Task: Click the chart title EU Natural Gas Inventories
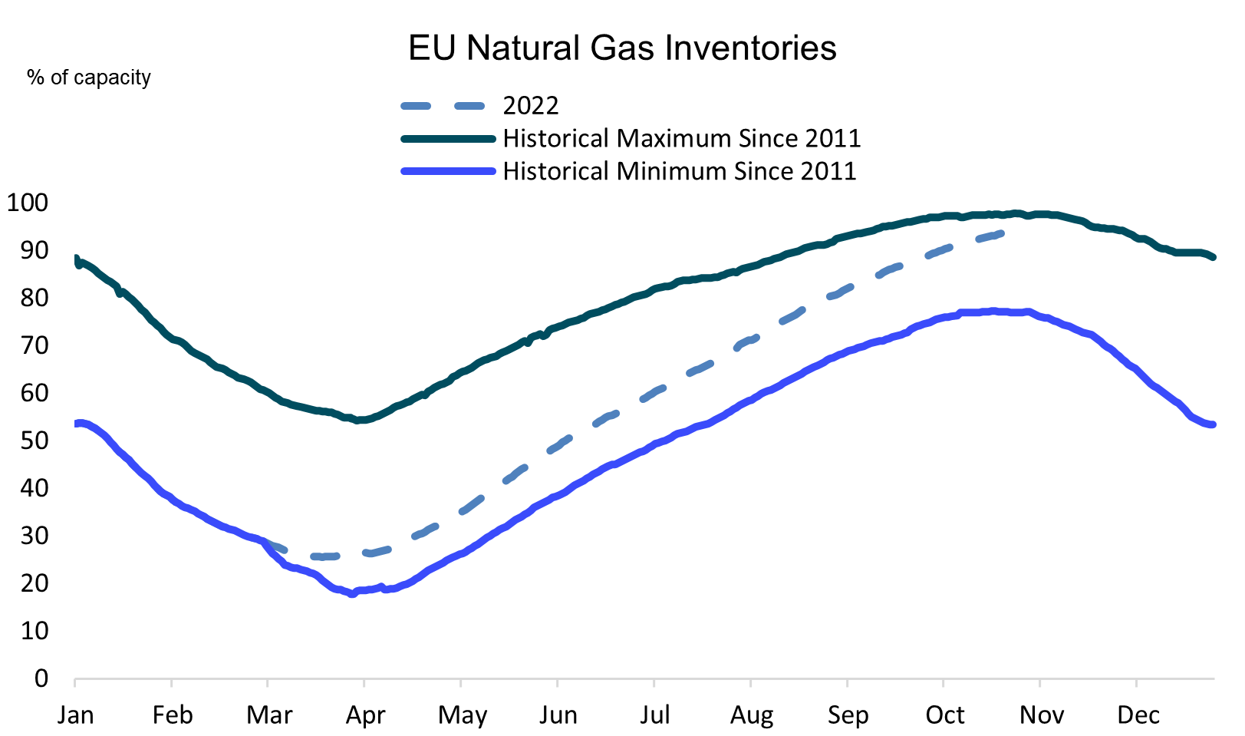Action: (622, 48)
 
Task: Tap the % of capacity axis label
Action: (89, 78)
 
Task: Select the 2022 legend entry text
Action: (530, 105)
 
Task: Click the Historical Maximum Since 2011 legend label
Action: (681, 138)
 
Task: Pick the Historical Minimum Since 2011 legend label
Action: (679, 170)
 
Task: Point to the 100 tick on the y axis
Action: (28, 203)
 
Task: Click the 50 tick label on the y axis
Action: (35, 441)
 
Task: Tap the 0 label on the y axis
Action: (41, 678)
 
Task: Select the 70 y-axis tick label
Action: (35, 345)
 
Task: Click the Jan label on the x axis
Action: (75, 715)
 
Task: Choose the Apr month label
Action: (365, 715)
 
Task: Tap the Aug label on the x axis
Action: (752, 715)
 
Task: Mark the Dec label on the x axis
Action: (1138, 715)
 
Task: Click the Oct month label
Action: (945, 715)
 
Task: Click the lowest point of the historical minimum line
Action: (352, 593)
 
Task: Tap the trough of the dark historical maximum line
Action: (359, 420)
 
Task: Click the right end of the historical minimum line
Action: (1213, 424)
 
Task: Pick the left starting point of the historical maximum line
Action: (76, 259)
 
